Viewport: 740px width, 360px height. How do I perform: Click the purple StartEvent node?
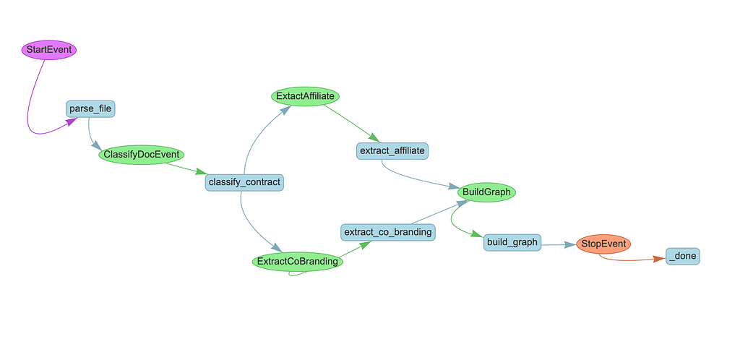point(48,50)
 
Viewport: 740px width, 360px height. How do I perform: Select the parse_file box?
point(90,109)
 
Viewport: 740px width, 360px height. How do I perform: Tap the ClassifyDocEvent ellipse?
point(142,155)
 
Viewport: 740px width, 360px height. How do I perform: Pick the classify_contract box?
point(244,181)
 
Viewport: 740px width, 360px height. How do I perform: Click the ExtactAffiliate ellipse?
point(306,95)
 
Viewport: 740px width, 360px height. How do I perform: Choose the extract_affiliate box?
point(393,150)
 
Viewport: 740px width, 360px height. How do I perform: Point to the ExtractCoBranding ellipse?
point(297,262)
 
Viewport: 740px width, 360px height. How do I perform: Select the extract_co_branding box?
point(388,232)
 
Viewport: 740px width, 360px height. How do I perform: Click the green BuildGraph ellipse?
point(486,192)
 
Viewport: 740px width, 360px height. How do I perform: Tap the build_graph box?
point(512,242)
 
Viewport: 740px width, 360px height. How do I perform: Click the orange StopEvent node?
point(603,244)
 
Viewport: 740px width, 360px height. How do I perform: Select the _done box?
point(683,256)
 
